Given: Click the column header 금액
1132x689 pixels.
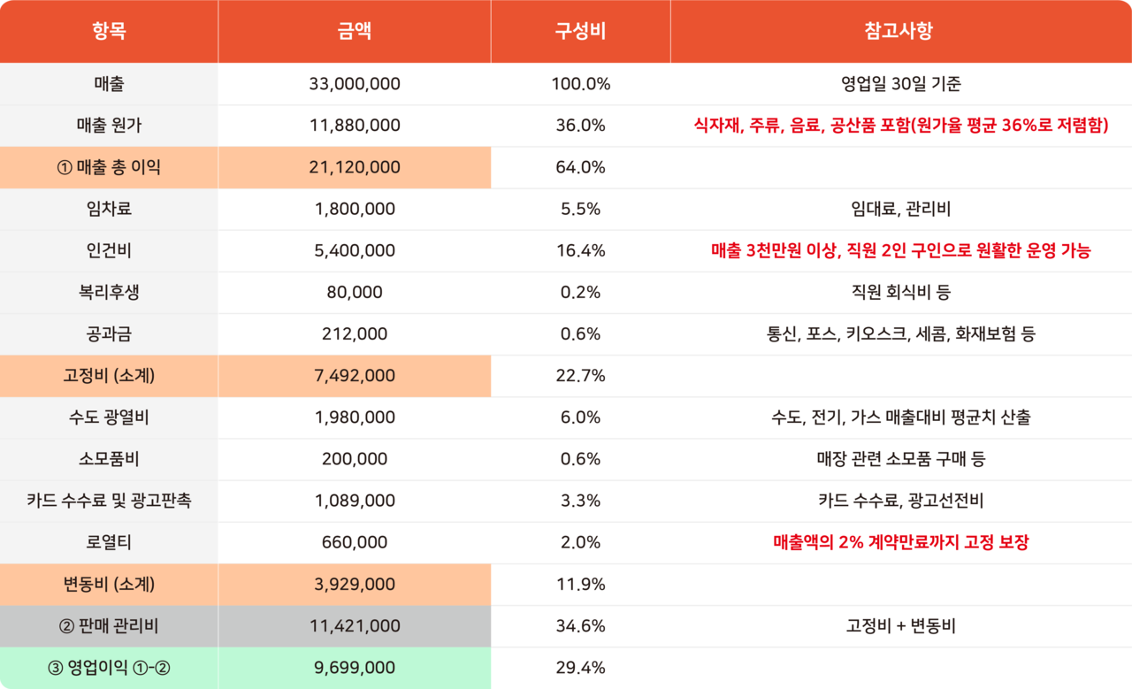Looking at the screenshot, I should click(x=355, y=32).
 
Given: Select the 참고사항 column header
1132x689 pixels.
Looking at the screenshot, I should click(x=900, y=32).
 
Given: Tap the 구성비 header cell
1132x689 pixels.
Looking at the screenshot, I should click(x=580, y=32).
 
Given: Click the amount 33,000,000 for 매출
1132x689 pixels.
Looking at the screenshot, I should click(x=355, y=84).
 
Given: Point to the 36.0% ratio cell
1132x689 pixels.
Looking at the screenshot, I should click(x=580, y=126).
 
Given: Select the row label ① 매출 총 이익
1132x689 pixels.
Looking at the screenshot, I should click(x=109, y=167).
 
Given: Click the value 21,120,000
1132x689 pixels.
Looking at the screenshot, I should click(x=355, y=167).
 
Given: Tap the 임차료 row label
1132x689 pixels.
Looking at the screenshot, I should click(x=109, y=209).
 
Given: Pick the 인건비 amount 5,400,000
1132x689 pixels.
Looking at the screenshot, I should click(x=355, y=250).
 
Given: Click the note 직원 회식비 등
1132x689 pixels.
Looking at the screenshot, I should click(x=900, y=292).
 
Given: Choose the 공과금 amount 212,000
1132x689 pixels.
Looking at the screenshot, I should click(x=355, y=333).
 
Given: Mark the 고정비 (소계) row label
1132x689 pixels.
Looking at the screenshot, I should click(x=109, y=376).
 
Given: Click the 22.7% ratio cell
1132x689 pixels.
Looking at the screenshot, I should click(x=580, y=376).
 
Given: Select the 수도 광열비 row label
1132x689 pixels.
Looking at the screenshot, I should click(x=109, y=417).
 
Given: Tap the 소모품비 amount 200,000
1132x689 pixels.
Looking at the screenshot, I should click(x=355, y=459).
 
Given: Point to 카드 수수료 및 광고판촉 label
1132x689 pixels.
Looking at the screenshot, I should click(x=109, y=501).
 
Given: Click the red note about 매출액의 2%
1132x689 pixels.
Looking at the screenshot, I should click(x=900, y=542).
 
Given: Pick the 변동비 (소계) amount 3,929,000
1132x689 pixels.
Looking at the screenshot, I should click(x=355, y=585).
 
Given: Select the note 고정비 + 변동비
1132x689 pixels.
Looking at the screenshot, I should click(x=900, y=626).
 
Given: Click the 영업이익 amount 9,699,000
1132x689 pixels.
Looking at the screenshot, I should click(x=355, y=668).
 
